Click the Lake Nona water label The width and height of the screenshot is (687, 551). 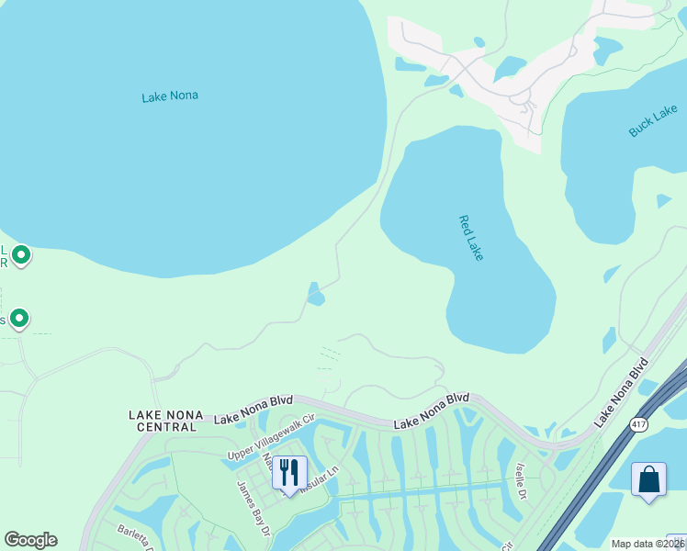170,96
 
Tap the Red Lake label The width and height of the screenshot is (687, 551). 470,238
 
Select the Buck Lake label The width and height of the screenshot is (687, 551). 653,120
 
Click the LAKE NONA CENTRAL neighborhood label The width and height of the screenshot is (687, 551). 165,421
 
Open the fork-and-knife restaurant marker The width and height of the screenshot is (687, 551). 289,474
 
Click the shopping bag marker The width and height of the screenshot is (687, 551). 648,480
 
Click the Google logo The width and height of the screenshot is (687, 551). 30,540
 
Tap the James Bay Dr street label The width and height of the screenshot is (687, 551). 254,507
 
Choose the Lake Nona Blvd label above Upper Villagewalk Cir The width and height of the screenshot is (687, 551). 253,409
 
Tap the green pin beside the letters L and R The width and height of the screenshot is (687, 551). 21,254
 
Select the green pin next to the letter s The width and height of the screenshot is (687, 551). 18,319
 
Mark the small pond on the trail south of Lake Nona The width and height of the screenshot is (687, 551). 316,296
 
